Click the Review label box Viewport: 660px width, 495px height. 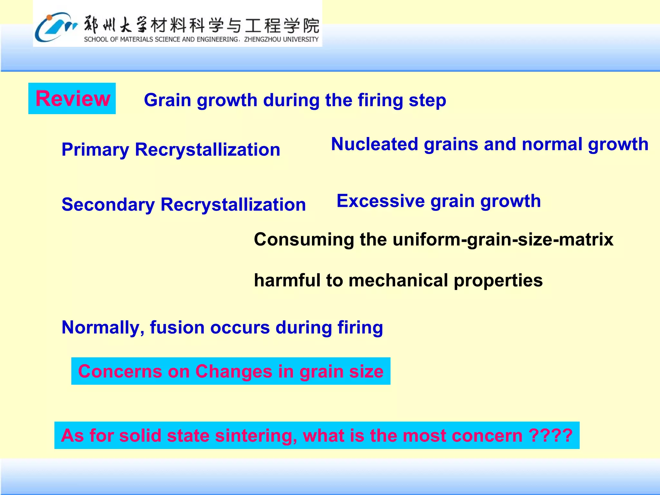[72, 99]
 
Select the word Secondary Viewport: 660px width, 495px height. [108, 205]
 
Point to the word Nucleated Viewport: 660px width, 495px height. [374, 144]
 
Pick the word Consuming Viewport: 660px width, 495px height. [304, 240]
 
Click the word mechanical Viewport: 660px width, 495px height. [398, 281]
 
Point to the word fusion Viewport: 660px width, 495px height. [177, 328]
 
